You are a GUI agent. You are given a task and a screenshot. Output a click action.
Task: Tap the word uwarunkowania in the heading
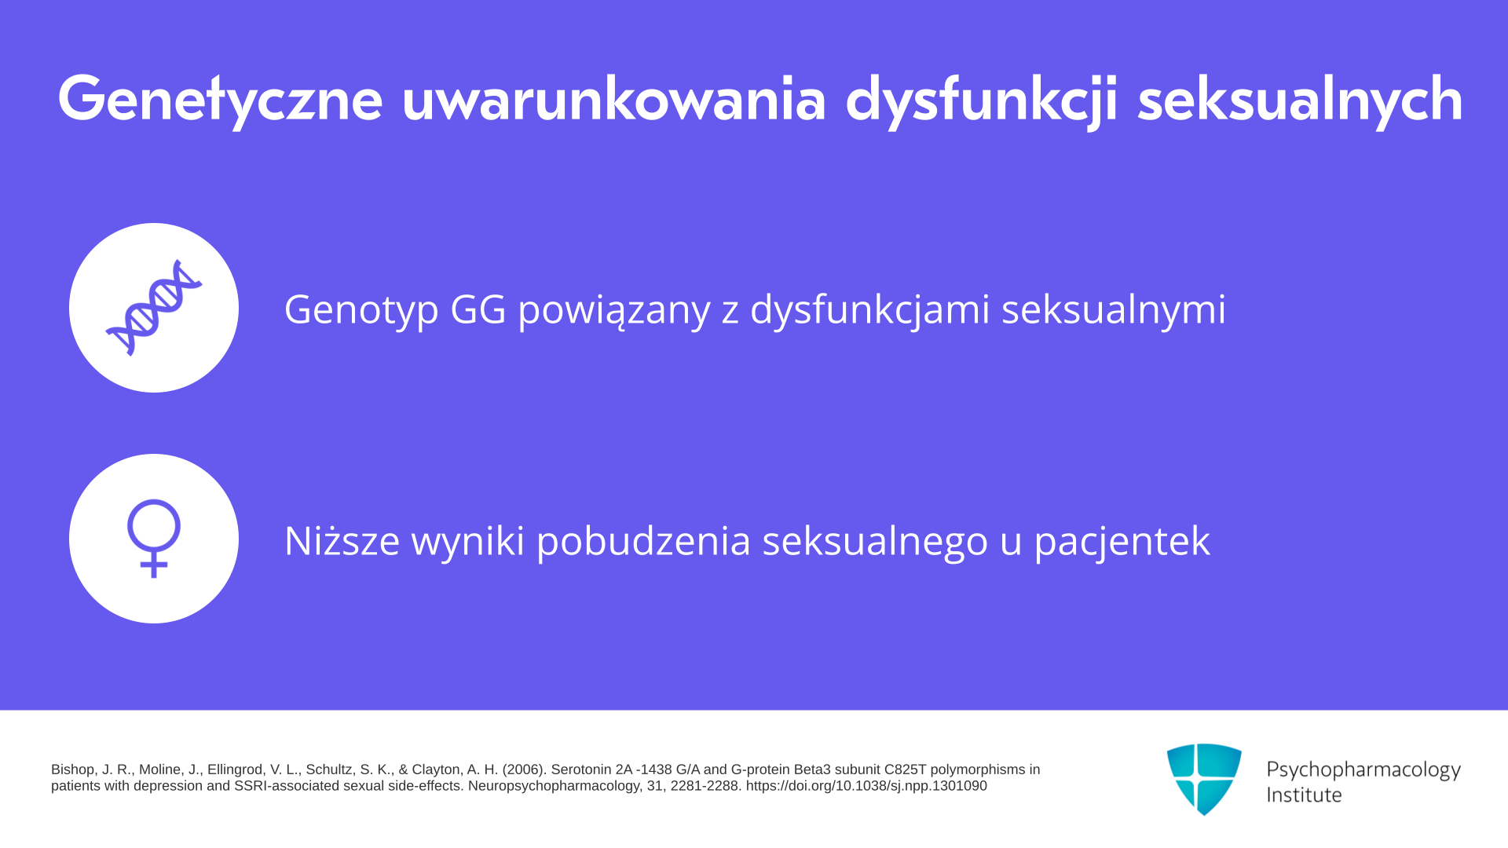(x=614, y=99)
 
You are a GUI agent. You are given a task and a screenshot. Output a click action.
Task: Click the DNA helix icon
(x=154, y=308)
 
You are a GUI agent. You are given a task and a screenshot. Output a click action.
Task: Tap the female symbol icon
(x=154, y=539)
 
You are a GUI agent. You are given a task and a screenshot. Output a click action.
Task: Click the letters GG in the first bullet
(x=478, y=309)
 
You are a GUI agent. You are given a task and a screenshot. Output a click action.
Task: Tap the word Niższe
(x=342, y=540)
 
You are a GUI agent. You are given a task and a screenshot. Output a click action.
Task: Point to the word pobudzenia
(x=643, y=540)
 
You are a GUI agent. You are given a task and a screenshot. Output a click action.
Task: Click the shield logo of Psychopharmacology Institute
(x=1204, y=779)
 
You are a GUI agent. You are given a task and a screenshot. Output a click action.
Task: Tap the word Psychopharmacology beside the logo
(x=1363, y=770)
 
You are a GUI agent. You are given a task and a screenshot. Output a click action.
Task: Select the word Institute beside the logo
(x=1305, y=795)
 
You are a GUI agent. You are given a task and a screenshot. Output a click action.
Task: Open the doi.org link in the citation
(x=866, y=786)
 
